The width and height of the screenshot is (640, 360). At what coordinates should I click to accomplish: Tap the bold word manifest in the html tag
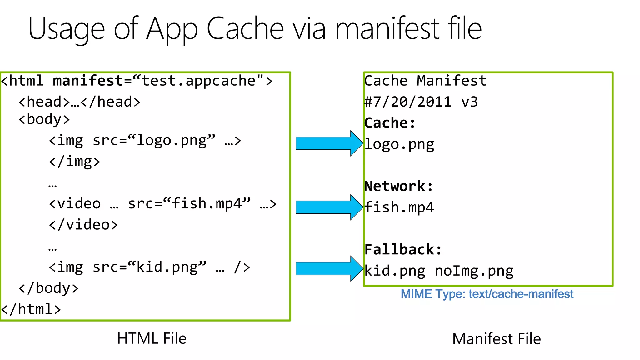pyautogui.click(x=88, y=81)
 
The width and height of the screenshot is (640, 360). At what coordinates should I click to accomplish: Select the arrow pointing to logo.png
pyautogui.click(x=328, y=143)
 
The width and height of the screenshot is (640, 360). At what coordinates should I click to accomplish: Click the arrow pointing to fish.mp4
pyautogui.click(x=328, y=207)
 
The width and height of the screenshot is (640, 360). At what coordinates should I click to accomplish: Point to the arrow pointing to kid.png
pyautogui.click(x=328, y=269)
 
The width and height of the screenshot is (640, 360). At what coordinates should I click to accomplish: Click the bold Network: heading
pyautogui.click(x=399, y=187)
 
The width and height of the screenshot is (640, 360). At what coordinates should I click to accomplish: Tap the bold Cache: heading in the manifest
pyautogui.click(x=390, y=123)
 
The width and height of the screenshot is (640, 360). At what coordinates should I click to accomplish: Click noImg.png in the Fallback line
pyautogui.click(x=474, y=271)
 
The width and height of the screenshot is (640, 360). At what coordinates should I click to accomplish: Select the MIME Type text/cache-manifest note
pyautogui.click(x=487, y=294)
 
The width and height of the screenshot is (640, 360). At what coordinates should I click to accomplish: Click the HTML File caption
pyautogui.click(x=152, y=338)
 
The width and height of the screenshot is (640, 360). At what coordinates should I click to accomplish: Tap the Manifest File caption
pyautogui.click(x=496, y=339)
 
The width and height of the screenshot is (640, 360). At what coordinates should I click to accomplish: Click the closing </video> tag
pyautogui.click(x=83, y=225)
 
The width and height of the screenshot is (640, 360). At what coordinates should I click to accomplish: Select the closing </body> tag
pyautogui.click(x=48, y=288)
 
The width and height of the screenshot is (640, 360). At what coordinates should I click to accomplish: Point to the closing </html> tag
pyautogui.click(x=31, y=309)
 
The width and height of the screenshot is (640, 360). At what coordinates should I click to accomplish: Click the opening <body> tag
pyautogui.click(x=44, y=119)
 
